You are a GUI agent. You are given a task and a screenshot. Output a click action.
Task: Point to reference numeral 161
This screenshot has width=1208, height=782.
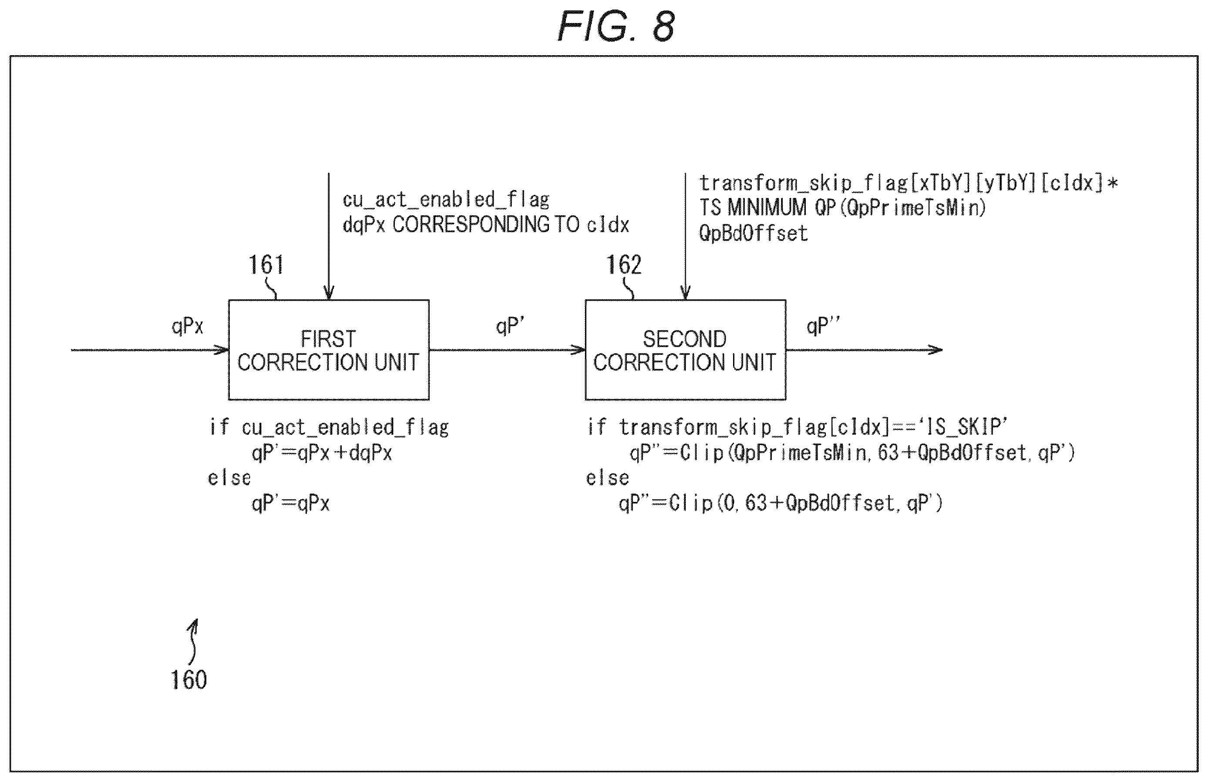tap(266, 265)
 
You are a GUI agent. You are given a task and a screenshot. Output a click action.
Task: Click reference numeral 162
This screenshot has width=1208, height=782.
tap(624, 265)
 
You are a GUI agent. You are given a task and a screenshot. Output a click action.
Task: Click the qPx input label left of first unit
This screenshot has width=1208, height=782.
tap(187, 326)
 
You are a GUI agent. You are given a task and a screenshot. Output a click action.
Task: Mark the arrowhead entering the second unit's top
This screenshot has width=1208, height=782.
tap(685, 293)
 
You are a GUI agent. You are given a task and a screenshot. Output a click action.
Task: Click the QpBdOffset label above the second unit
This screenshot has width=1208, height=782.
tap(753, 233)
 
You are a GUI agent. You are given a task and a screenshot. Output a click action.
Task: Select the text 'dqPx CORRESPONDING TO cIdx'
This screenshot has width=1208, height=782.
tap(486, 225)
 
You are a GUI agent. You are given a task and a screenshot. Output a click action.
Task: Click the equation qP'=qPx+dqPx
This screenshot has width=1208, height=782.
tap(322, 452)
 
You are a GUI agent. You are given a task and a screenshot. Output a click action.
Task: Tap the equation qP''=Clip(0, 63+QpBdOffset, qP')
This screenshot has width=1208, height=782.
tap(780, 503)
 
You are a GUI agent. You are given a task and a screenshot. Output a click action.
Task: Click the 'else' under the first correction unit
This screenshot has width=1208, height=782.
tap(229, 478)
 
